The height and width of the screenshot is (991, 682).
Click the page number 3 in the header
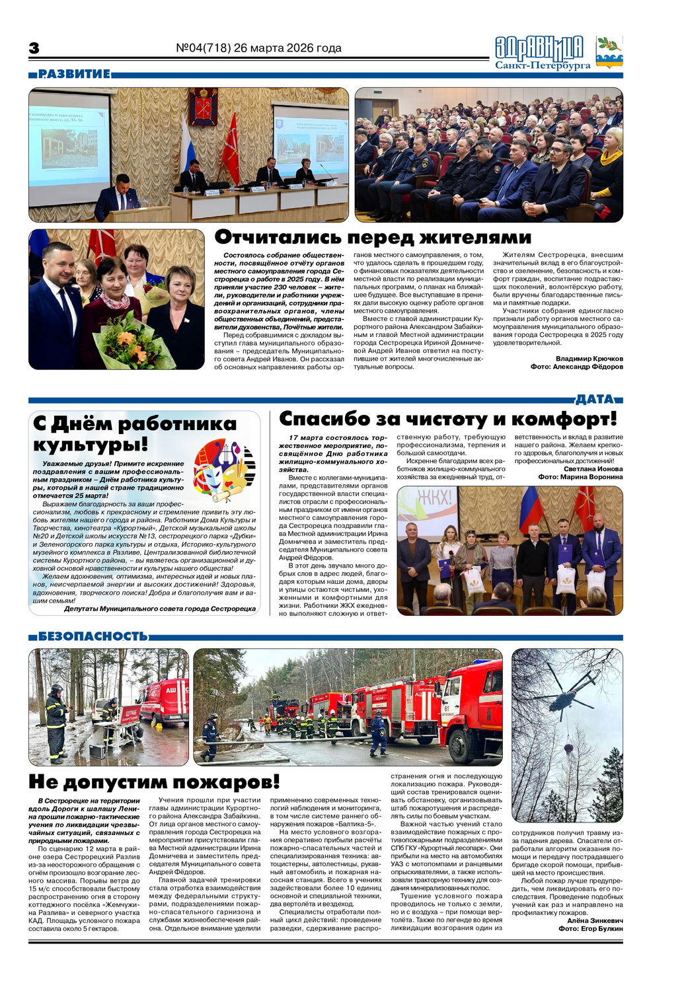[34, 48]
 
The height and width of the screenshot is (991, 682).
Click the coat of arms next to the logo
[609, 52]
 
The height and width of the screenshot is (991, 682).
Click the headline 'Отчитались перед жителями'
[373, 237]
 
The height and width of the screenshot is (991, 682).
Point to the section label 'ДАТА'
[595, 399]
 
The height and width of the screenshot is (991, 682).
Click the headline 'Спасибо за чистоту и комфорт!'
[447, 419]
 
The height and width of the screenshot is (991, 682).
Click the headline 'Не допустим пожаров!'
[154, 782]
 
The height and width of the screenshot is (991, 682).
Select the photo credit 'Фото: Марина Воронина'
[580, 477]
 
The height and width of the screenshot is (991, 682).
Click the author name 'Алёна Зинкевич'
[595, 920]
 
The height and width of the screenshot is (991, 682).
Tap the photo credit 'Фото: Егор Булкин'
[590, 928]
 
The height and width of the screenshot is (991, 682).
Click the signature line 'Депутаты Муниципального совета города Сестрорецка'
[159, 608]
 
